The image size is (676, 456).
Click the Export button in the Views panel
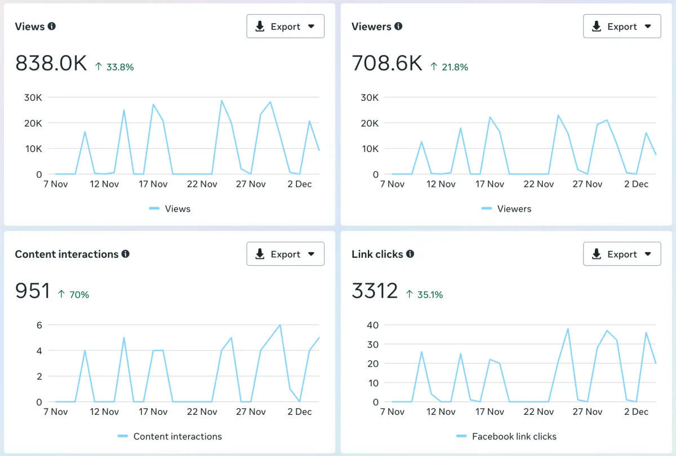pos(285,26)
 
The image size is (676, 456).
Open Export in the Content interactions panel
pos(285,254)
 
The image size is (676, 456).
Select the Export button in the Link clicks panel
pos(622,254)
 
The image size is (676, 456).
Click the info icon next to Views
pos(52,26)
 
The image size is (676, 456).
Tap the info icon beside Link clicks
pos(410,254)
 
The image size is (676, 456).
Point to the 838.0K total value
pos(51,64)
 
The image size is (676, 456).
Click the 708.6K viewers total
pos(387,64)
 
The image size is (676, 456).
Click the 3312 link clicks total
pos(375,291)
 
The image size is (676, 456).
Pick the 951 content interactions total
pos(33,291)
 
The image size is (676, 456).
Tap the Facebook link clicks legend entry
pos(514,436)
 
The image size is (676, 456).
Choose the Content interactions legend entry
pos(177,436)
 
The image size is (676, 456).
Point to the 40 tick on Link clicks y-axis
pos(372,325)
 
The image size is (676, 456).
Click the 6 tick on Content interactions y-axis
pos(39,325)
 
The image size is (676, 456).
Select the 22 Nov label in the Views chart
pos(201,184)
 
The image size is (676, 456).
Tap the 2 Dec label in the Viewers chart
pos(636,184)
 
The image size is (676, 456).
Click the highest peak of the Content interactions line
pos(280,325)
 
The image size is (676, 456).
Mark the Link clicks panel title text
pos(377,254)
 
